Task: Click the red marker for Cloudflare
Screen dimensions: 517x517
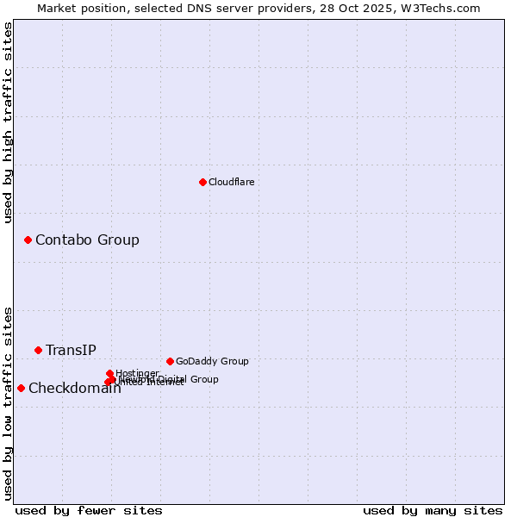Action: [202, 182]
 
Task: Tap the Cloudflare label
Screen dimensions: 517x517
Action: [231, 182]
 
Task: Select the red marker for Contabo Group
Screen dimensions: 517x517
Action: [28, 240]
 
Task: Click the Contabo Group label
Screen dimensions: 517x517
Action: [87, 240]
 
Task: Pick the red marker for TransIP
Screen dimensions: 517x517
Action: [38, 350]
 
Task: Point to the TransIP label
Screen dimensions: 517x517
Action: [71, 350]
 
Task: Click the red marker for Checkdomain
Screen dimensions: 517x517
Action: [21, 388]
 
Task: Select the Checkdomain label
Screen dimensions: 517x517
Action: [74, 388]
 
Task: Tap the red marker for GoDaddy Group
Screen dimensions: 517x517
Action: [170, 361]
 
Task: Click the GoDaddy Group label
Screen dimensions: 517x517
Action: [212, 361]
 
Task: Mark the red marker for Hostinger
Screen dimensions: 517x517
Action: [109, 373]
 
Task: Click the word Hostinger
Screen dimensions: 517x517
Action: [137, 373]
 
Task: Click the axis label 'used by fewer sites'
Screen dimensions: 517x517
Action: [89, 510]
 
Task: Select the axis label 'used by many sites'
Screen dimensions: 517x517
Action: [433, 510]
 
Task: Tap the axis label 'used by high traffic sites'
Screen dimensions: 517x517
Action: [9, 123]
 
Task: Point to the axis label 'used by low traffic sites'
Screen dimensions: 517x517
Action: [9, 403]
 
